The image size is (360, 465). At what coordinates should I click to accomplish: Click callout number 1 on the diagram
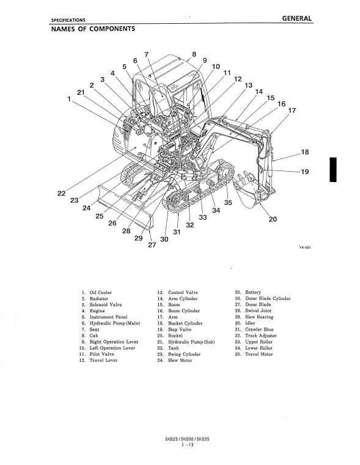69,99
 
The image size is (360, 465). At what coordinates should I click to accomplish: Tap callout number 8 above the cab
194,54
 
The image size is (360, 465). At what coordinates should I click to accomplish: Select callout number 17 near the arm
292,111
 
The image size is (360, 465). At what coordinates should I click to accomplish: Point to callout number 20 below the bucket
273,219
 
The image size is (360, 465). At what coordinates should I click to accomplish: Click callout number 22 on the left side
61,193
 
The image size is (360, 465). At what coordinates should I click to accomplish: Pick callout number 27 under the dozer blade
152,245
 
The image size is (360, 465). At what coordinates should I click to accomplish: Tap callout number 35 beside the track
228,202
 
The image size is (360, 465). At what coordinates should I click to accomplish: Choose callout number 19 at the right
305,172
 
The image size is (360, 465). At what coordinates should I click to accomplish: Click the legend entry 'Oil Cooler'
101,293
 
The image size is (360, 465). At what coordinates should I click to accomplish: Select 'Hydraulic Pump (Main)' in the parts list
115,323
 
